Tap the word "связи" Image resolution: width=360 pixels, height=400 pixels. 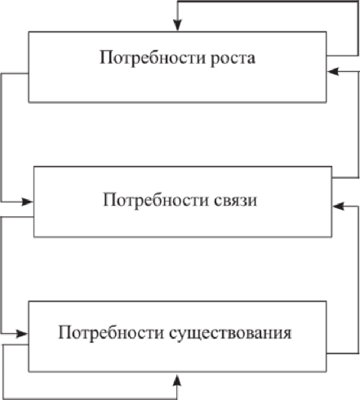[x=235, y=201]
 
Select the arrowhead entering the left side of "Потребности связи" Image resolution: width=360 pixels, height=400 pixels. [x=28, y=201]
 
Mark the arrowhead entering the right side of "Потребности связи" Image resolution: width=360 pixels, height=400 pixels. [x=338, y=206]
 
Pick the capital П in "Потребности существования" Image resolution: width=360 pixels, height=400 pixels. [x=64, y=332]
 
